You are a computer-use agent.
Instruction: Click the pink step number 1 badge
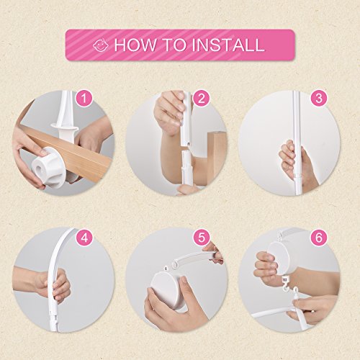pyautogui.click(x=84, y=99)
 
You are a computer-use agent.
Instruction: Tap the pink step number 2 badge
pyautogui.click(x=201, y=99)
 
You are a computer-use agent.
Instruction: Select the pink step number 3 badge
pyautogui.click(x=318, y=99)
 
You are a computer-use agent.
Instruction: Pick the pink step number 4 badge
pyautogui.click(x=84, y=238)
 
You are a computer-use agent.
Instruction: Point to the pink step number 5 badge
pyautogui.click(x=201, y=238)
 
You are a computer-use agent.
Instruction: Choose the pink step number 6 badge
pyautogui.click(x=318, y=238)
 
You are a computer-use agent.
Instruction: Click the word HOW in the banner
pyautogui.click(x=135, y=45)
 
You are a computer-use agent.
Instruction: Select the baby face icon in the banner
pyautogui.click(x=101, y=45)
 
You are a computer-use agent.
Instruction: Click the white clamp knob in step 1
pyautogui.click(x=49, y=167)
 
